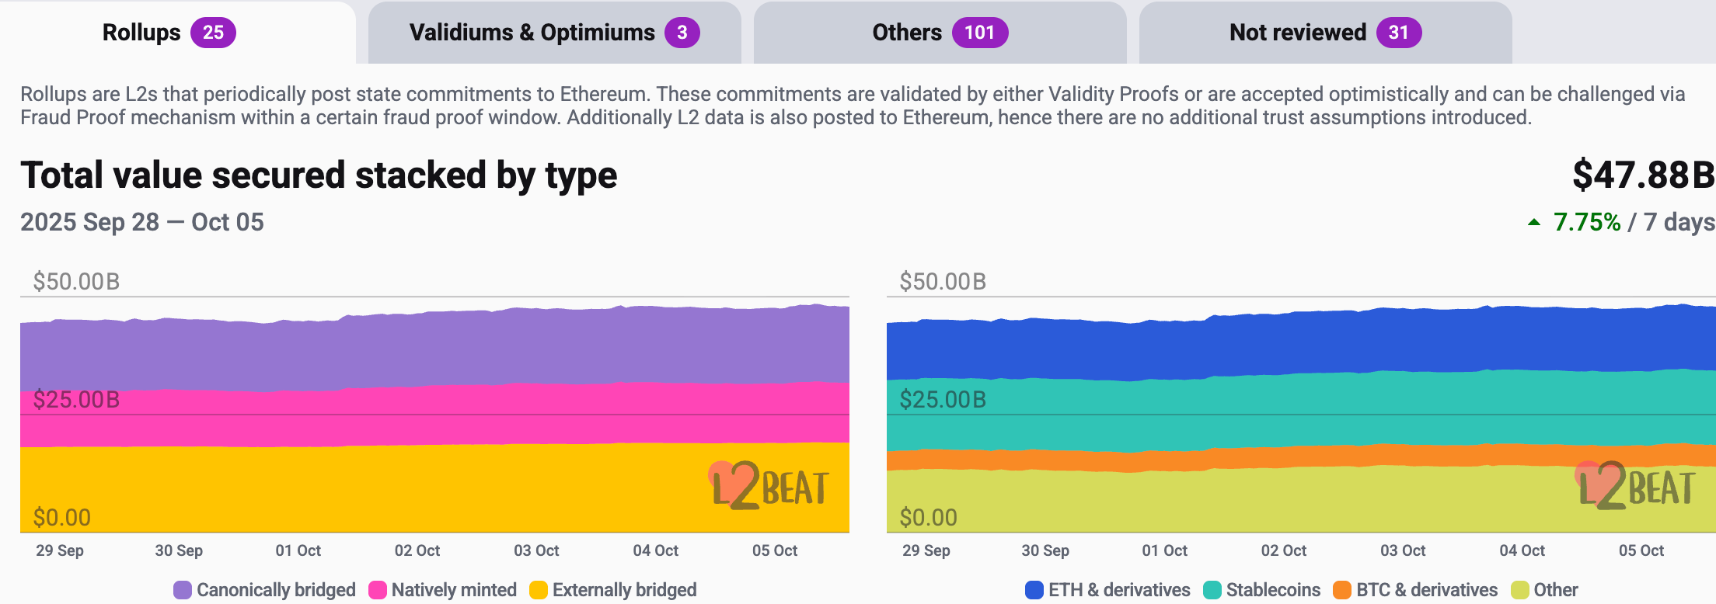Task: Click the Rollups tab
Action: (x=168, y=33)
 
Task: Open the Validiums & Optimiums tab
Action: (x=553, y=33)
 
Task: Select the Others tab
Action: (x=939, y=33)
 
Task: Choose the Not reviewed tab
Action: (x=1324, y=33)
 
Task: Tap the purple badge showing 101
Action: (x=980, y=33)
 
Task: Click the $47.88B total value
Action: (x=1642, y=175)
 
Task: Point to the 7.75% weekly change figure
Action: (x=1586, y=223)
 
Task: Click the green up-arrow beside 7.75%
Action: (x=1534, y=223)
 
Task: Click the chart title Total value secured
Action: (x=319, y=175)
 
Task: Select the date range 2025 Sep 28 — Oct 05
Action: (x=142, y=223)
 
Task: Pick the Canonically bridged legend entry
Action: (x=265, y=590)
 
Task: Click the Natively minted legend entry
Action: (x=443, y=590)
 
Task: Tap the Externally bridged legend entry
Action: (x=613, y=590)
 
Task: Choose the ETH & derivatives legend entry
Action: (x=1108, y=590)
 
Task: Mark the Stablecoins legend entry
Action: (x=1262, y=590)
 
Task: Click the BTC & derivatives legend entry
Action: (x=1415, y=590)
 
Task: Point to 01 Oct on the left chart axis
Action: (x=298, y=550)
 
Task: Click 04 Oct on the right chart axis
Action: (x=1522, y=550)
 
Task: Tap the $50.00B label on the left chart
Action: (x=76, y=281)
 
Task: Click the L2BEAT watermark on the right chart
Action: (x=1636, y=487)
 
